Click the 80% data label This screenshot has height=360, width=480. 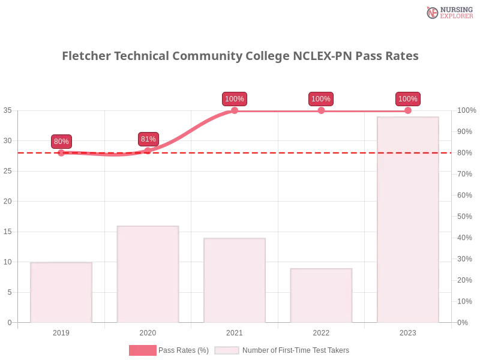point(61,142)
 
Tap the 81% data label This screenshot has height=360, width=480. point(148,139)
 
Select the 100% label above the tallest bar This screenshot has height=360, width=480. point(407,99)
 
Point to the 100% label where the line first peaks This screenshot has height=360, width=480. point(234,99)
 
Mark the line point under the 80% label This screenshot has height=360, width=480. point(61,154)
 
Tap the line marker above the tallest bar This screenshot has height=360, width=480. point(407,111)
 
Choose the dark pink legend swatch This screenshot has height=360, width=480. point(142,350)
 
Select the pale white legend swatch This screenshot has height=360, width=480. point(227,350)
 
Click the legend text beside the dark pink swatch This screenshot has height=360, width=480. point(185,350)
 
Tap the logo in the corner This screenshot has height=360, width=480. point(448,12)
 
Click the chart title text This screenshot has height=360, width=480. point(242,56)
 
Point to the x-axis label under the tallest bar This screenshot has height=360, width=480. point(407,331)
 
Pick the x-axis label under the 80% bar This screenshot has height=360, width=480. point(62,331)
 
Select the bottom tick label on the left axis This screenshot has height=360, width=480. point(9,322)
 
